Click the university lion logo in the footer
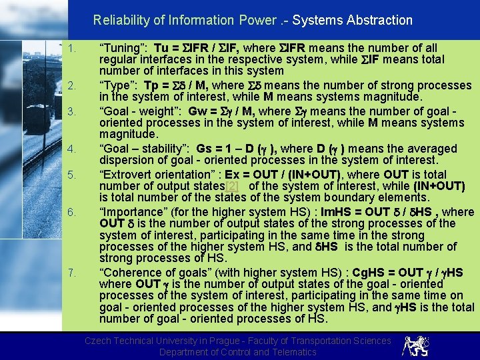(x=413, y=345)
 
